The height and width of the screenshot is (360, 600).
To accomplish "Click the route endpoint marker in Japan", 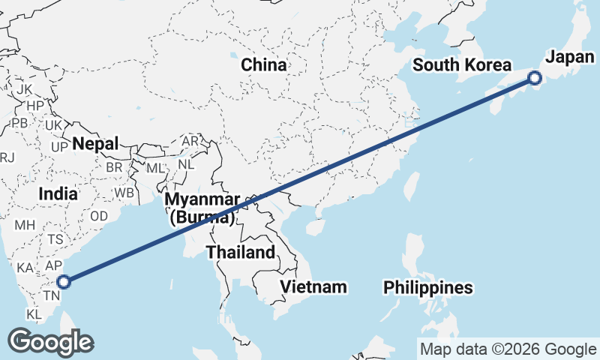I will (x=535, y=77).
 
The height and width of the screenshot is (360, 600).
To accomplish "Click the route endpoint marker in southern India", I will (x=64, y=282).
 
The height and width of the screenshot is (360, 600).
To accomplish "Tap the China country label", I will (x=263, y=65).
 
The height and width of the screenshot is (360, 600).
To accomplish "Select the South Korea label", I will (x=462, y=65).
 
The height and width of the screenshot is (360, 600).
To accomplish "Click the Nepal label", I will (x=96, y=143).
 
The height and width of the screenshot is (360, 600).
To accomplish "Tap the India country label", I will (x=58, y=193).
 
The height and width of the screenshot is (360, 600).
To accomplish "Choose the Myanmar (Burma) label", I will (x=201, y=208).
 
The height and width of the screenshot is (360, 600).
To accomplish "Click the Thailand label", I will (x=241, y=252).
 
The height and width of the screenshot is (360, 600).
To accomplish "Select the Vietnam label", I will (x=313, y=286).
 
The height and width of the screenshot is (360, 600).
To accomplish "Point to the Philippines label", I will (x=428, y=287).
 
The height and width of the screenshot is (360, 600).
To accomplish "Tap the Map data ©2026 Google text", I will (x=508, y=349).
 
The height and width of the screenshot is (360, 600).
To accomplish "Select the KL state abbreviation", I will (x=34, y=313).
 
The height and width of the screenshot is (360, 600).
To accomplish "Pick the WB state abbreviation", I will (x=124, y=193).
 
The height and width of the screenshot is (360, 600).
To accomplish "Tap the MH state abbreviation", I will (x=25, y=224).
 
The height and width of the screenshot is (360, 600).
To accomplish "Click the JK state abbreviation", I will (x=24, y=89).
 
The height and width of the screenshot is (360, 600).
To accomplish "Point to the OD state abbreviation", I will (x=99, y=216).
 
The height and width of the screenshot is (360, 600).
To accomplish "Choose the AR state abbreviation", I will (x=190, y=141).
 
